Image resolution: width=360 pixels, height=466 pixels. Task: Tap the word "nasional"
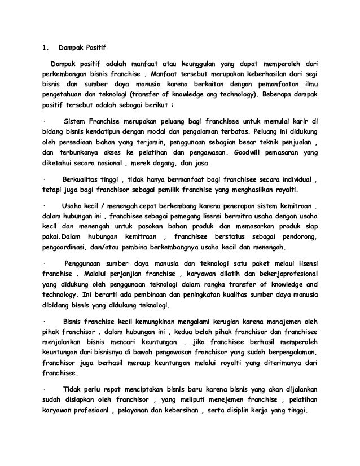point(116,165)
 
